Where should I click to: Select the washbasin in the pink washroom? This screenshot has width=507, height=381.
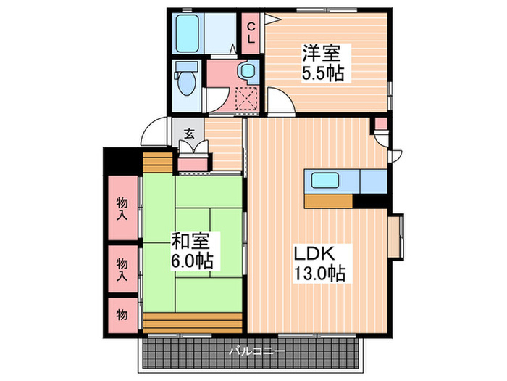[248, 71]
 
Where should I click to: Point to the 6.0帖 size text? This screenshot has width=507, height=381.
[190, 259]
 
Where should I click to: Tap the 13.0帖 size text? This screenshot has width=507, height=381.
[319, 274]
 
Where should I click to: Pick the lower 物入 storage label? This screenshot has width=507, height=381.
[122, 269]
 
